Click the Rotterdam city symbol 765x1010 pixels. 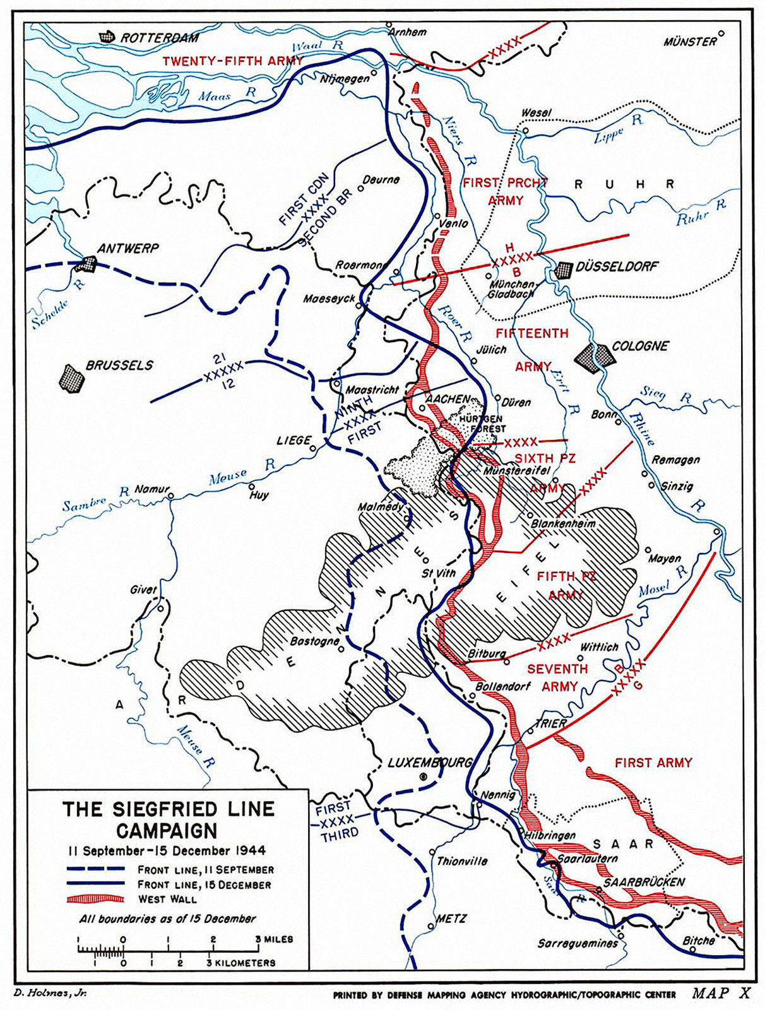coord(109,37)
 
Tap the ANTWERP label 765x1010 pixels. coord(127,248)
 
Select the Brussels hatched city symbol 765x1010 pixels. coord(72,377)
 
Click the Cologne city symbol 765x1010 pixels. coord(595,355)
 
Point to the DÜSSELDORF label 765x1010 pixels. coord(617,266)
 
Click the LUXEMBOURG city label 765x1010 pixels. coord(429,763)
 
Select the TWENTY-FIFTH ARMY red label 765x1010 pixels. coord(232,61)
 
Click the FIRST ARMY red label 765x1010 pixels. coord(653,763)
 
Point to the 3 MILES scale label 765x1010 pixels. coord(274,939)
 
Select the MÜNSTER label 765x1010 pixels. coord(690,42)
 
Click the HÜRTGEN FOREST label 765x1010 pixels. coord(482,424)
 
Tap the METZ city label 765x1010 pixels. coord(451,918)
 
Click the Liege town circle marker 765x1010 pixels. coord(313,448)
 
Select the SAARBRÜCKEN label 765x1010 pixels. coord(644,882)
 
